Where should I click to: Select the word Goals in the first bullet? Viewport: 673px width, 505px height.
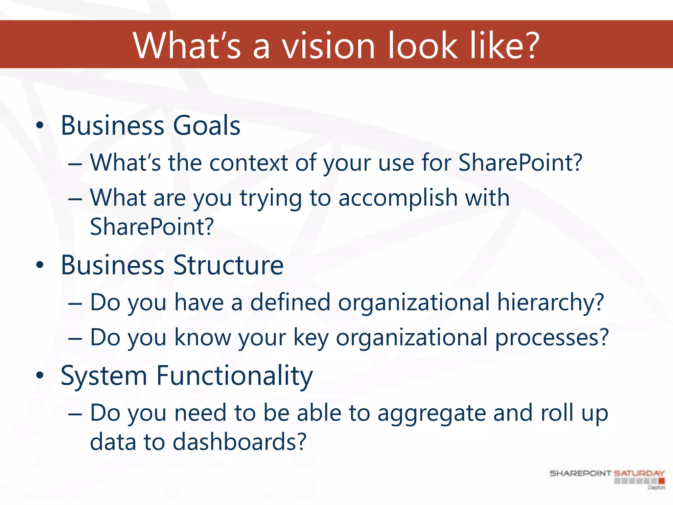click(207, 126)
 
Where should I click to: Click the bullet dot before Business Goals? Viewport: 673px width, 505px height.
click(40, 125)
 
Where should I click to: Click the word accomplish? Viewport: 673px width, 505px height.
click(398, 198)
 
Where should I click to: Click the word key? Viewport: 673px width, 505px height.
click(311, 338)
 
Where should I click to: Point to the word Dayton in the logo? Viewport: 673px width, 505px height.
click(656, 487)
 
